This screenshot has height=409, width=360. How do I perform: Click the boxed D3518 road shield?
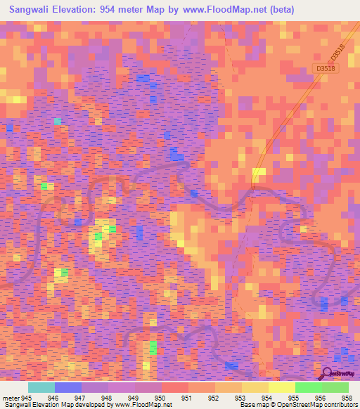pyautogui.click(x=325, y=68)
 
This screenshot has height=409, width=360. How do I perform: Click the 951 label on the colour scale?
pyautogui.click(x=186, y=398)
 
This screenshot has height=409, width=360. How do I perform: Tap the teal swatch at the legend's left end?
pyautogui.click(x=41, y=387)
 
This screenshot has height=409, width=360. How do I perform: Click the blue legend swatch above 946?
pyautogui.click(x=68, y=387)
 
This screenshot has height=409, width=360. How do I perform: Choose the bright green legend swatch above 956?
pyautogui.click(x=309, y=387)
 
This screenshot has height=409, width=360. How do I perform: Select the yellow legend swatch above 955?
pyautogui.click(x=282, y=387)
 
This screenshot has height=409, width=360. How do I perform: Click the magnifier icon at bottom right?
pyautogui.click(x=326, y=373)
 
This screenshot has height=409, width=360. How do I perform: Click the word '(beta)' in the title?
pyautogui.click(x=281, y=10)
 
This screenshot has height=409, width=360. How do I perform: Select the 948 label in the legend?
pyautogui.click(x=108, y=398)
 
